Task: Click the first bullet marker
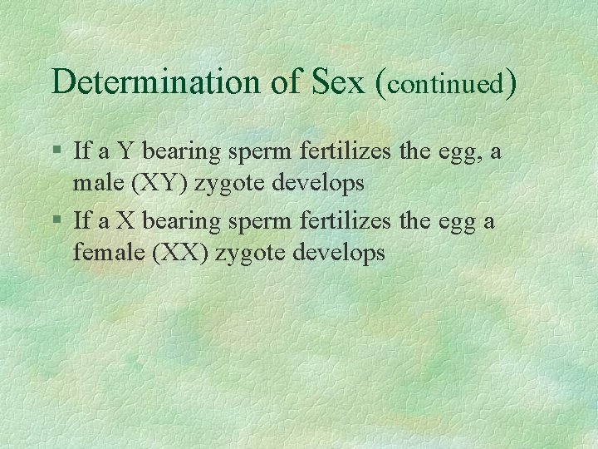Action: coord(56,152)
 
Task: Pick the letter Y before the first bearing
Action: coord(125,151)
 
